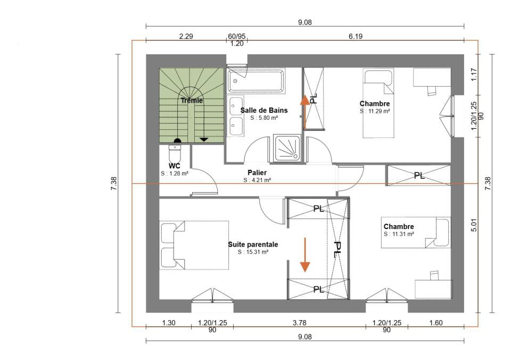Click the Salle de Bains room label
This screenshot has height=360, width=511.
(264, 110)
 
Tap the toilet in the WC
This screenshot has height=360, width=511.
(175, 152)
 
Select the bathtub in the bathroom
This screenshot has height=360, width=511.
(256, 80)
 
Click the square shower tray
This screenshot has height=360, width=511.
(287, 148)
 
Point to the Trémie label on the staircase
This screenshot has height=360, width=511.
(192, 101)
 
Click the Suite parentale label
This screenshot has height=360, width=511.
(253, 244)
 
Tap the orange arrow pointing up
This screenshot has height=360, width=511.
(305, 111)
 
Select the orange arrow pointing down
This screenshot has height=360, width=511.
(305, 255)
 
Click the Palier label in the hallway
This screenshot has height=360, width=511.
(257, 173)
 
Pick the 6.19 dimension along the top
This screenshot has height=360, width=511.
(356, 36)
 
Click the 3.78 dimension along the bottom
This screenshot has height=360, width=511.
(300, 323)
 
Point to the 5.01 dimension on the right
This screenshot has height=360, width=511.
(474, 225)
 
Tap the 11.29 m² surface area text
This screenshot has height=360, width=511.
(375, 111)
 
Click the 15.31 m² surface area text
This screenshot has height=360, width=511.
(253, 252)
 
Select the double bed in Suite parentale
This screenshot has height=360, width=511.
(194, 245)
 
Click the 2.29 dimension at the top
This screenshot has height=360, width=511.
(186, 36)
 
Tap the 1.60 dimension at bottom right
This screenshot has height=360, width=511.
(436, 323)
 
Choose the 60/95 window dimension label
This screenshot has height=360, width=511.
(236, 36)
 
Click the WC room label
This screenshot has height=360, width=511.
(175, 166)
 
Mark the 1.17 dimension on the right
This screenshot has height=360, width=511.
(474, 75)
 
